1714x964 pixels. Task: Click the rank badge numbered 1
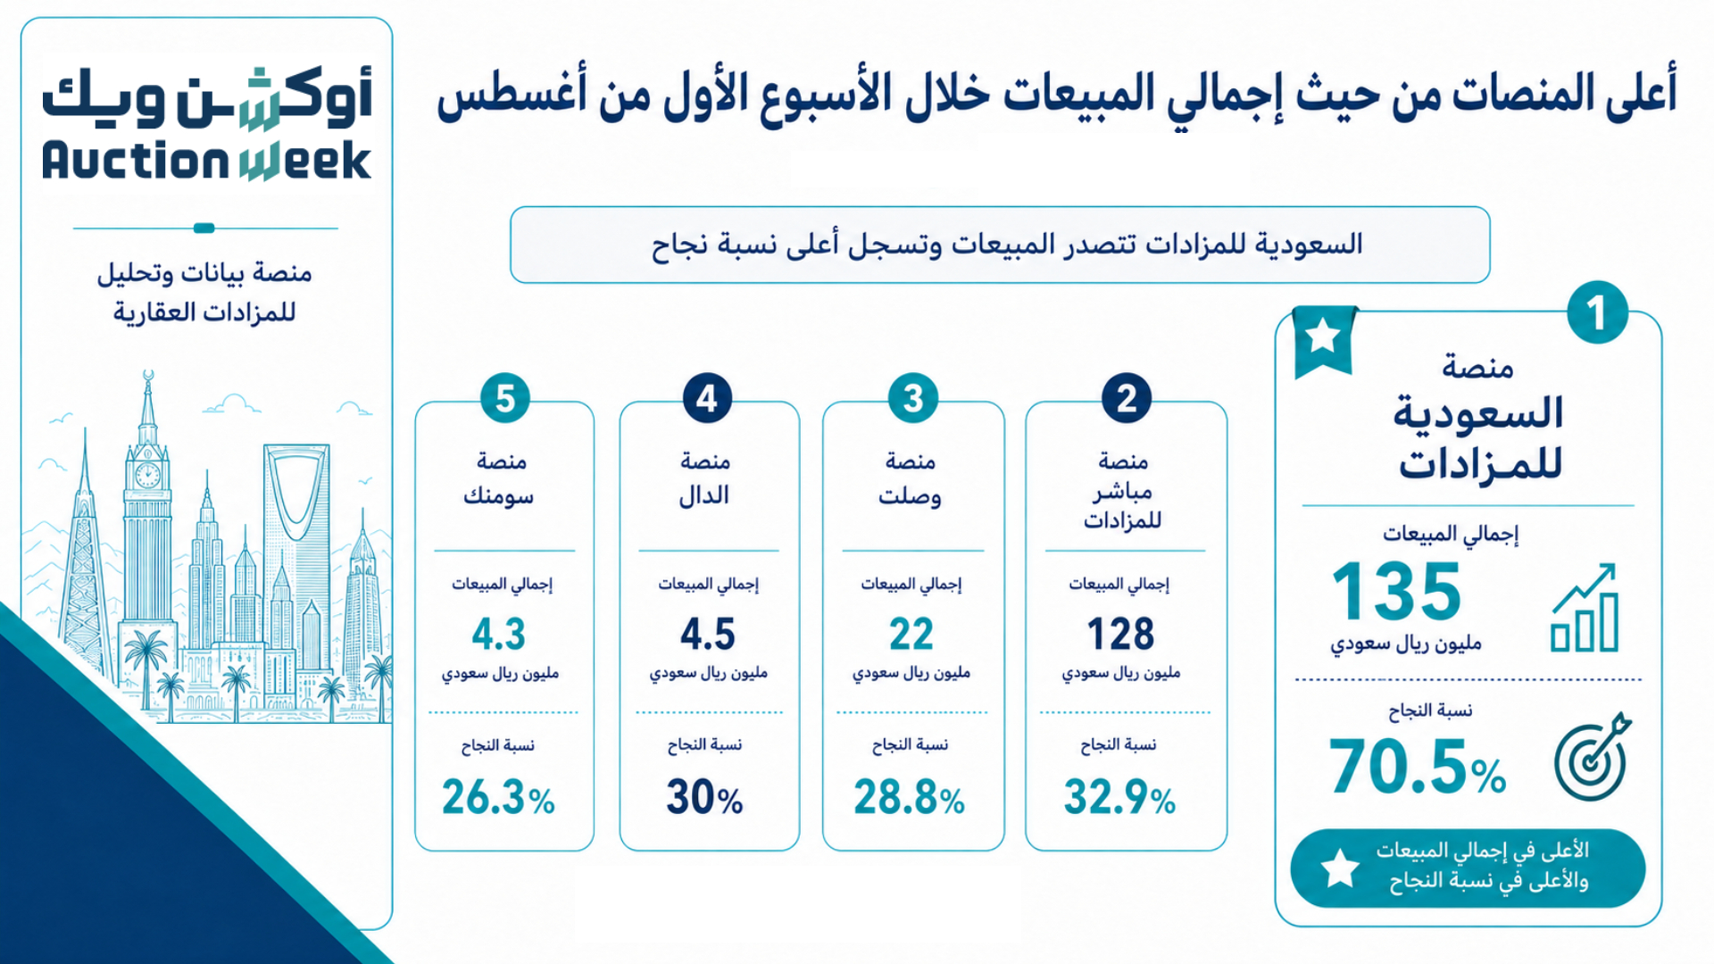1597,312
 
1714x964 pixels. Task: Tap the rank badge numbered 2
1127,398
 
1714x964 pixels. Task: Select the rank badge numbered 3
912,398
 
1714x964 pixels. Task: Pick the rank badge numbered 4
707,398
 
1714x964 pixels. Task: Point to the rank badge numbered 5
505,398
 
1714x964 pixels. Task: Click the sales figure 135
1396,591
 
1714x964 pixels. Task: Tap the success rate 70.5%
1418,767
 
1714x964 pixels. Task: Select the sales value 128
1120,634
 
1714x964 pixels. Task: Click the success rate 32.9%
1119,797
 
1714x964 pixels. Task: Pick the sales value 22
911,634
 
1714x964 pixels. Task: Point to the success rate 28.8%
909,797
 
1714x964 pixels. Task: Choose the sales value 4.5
708,634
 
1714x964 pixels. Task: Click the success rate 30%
704,797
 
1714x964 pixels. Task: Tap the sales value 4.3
499,634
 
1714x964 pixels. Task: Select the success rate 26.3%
498,797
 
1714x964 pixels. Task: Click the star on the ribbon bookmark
1322,337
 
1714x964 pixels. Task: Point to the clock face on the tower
147,475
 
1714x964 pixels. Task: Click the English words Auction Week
206,161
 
